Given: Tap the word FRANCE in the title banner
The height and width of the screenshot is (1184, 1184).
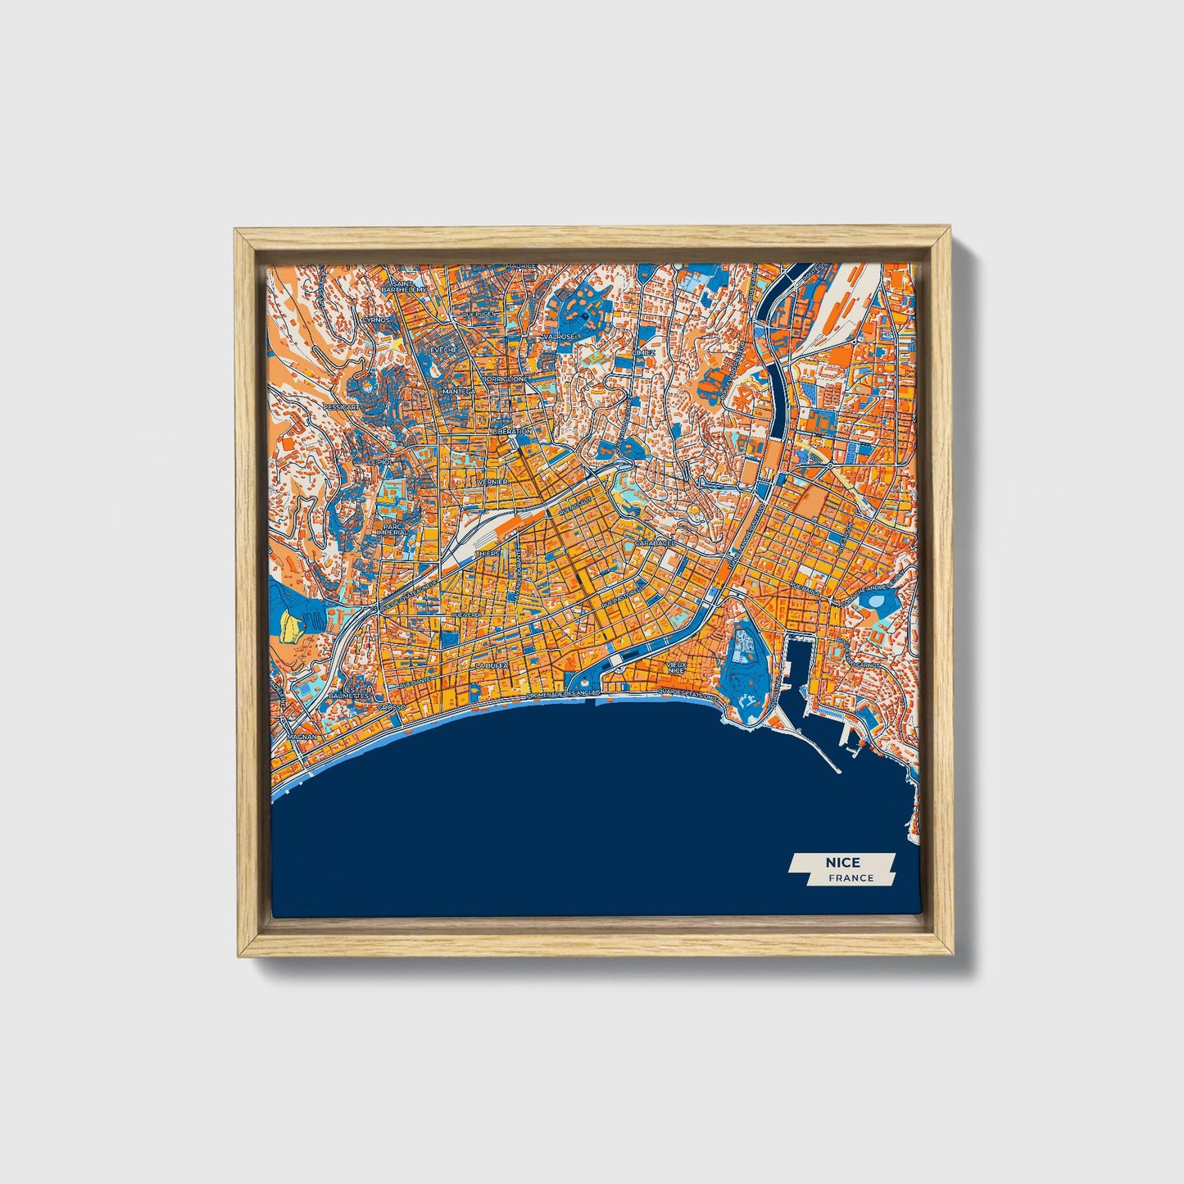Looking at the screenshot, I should tap(851, 878).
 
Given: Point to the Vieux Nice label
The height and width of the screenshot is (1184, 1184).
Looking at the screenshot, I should tap(676, 667).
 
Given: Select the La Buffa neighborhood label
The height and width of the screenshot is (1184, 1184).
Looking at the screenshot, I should tap(492, 665).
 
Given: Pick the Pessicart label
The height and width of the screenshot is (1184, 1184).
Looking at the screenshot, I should tap(340, 406).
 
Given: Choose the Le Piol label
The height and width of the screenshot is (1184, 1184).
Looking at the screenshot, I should tap(380, 462).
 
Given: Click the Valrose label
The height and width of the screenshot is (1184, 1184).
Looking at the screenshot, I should tap(558, 336).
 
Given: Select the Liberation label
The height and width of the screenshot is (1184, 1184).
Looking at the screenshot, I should tap(512, 431).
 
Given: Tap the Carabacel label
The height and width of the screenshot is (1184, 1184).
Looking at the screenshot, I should tap(655, 542).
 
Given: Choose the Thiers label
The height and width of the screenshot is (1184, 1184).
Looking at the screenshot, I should tap(487, 553).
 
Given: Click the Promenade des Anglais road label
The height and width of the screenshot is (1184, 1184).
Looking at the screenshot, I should tap(564, 693).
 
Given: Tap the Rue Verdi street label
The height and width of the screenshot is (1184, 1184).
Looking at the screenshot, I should tap(465, 613).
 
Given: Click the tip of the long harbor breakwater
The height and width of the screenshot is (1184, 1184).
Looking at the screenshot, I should tap(838, 770).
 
